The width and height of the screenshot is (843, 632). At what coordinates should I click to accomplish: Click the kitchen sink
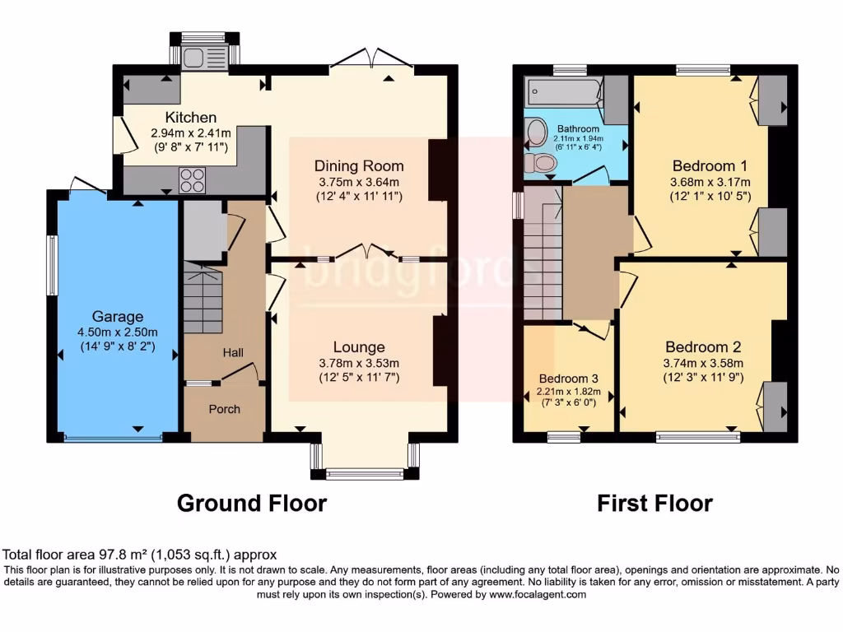(x=204, y=58)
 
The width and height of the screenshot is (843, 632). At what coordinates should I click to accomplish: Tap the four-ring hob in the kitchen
(x=193, y=180)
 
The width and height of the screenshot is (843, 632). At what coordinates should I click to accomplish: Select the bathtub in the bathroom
(x=563, y=91)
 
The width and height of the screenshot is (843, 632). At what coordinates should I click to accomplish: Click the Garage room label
(x=118, y=317)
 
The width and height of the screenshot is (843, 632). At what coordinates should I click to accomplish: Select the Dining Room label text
(x=359, y=166)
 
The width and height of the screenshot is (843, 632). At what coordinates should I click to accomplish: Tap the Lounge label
(x=359, y=347)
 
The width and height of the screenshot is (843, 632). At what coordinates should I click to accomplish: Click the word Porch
(x=224, y=409)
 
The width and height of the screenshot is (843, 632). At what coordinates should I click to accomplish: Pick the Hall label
(x=233, y=352)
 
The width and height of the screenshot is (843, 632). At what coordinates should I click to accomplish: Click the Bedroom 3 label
(x=569, y=379)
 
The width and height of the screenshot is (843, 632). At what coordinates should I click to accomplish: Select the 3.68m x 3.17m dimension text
(x=710, y=182)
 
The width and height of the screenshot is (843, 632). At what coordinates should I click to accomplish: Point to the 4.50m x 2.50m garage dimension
(x=118, y=332)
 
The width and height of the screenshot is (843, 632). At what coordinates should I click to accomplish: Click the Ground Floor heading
(x=252, y=504)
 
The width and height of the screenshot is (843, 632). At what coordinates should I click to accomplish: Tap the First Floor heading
(x=654, y=504)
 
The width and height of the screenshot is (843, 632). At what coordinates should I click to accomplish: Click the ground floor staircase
(x=203, y=296)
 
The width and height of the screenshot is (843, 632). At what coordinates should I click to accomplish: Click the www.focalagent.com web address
(x=538, y=594)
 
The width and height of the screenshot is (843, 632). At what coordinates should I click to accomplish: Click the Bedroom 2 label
(x=703, y=347)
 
